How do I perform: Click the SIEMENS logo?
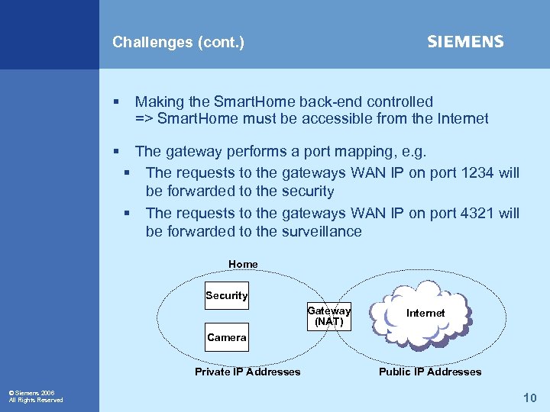(x=465, y=42)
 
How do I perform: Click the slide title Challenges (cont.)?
(x=178, y=43)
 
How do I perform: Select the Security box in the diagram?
(x=227, y=296)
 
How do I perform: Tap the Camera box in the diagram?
(x=227, y=337)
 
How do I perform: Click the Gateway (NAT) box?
(x=329, y=316)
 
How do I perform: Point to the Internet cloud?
(x=425, y=313)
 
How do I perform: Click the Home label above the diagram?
(x=243, y=264)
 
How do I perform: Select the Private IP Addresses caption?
(x=247, y=372)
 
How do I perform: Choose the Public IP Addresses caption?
(x=430, y=372)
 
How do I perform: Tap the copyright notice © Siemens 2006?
(x=31, y=393)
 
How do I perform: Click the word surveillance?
(x=322, y=231)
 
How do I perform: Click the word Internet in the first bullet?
(x=461, y=118)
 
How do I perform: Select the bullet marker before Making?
(x=116, y=101)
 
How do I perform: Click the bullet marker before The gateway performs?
(x=116, y=152)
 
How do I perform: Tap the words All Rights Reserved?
(x=36, y=400)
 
